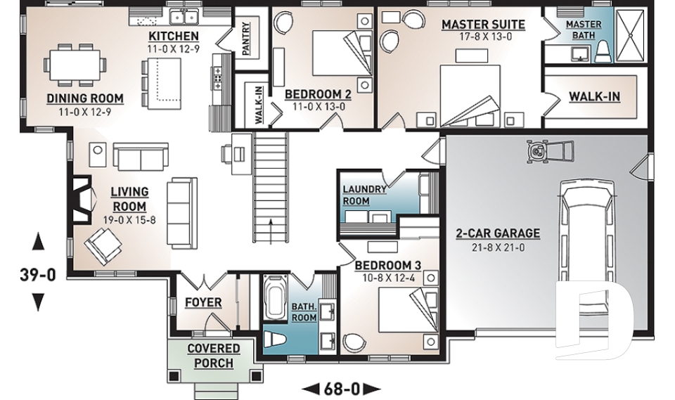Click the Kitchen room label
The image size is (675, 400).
(x=174, y=36)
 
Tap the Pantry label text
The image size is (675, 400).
(x=246, y=39)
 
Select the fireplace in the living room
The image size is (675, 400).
(x=80, y=199)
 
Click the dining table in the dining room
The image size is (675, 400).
(x=75, y=65)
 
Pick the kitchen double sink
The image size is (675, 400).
(x=184, y=17)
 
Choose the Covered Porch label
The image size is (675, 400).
(x=214, y=356)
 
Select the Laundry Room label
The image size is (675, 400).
(x=364, y=195)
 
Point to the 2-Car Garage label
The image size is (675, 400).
(x=498, y=233)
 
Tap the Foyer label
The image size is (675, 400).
(x=203, y=303)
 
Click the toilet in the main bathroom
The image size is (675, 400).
(x=274, y=339)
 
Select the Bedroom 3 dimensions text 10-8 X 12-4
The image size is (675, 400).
(x=388, y=278)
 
